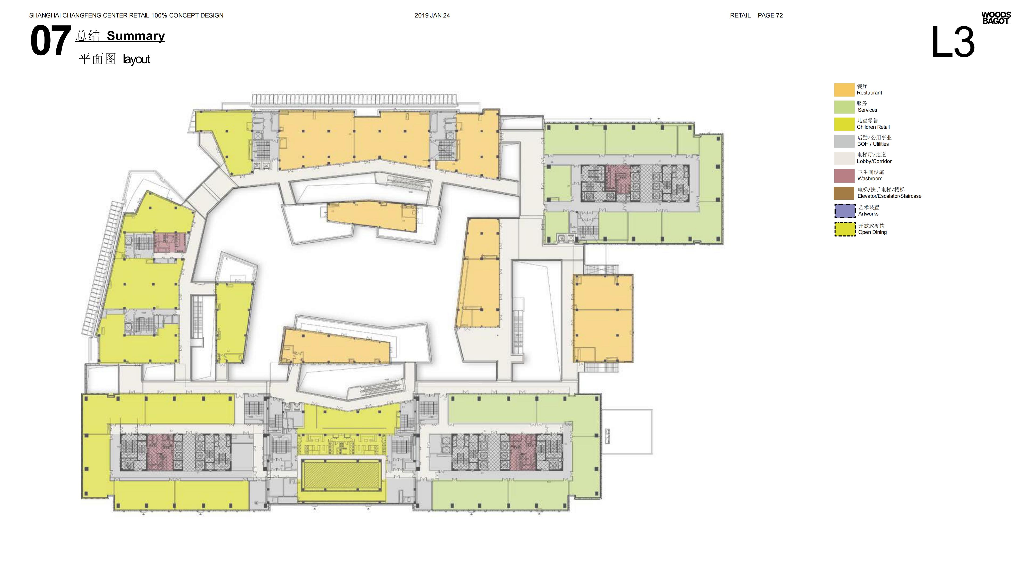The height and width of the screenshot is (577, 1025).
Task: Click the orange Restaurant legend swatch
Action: pyautogui.click(x=844, y=90)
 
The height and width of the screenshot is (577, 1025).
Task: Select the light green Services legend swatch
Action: pyautogui.click(x=844, y=107)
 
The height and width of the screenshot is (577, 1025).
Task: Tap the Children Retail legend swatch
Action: pyautogui.click(x=844, y=124)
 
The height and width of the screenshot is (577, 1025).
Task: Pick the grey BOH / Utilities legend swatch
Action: pyautogui.click(x=844, y=141)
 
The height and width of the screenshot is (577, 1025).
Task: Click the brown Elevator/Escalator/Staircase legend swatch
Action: pyautogui.click(x=844, y=193)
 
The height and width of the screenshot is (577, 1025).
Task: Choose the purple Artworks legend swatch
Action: pyautogui.click(x=844, y=211)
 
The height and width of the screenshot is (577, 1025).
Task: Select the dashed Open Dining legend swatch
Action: pyautogui.click(x=844, y=229)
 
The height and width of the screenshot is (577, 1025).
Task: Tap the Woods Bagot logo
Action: pyautogui.click(x=996, y=18)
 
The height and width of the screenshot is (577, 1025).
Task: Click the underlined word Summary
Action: pyautogui.click(x=136, y=36)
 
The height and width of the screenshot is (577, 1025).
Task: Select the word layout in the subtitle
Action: pyautogui.click(x=136, y=59)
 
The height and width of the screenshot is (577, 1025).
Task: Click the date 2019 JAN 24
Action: pyautogui.click(x=432, y=16)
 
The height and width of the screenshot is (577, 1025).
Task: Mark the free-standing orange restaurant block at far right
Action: pyautogui.click(x=603, y=318)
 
